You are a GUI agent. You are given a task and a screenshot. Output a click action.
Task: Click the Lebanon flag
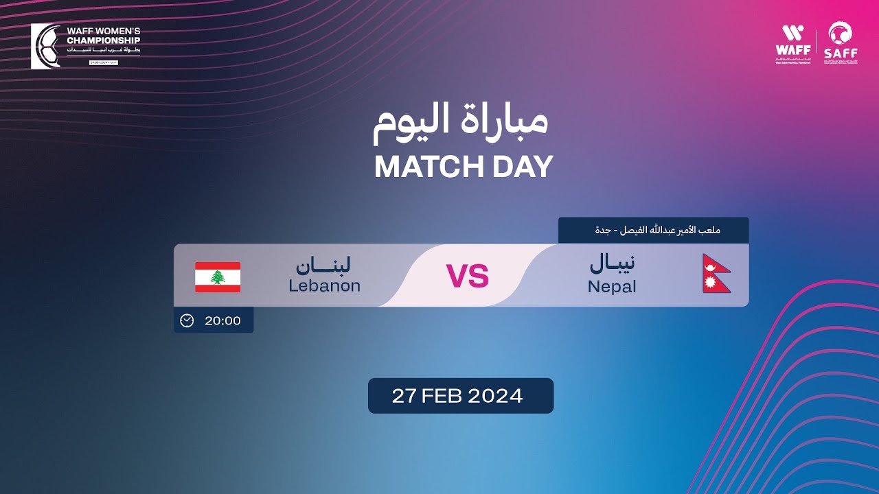click(x=218, y=277)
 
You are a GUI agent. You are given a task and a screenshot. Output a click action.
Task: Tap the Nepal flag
click(x=716, y=274)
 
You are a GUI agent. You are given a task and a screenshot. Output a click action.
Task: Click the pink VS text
click(x=468, y=276)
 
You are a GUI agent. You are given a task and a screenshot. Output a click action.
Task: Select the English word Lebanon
click(x=324, y=286)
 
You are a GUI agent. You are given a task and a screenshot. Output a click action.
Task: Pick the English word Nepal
click(x=612, y=287)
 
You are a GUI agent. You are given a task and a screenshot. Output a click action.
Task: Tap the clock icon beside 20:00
click(x=187, y=320)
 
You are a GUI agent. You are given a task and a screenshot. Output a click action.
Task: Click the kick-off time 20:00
click(x=222, y=320)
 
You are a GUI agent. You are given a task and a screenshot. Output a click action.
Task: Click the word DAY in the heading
click(x=525, y=167)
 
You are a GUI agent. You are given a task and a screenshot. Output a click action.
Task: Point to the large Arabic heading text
click(x=461, y=121)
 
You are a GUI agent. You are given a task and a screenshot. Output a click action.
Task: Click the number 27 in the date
click(x=405, y=396)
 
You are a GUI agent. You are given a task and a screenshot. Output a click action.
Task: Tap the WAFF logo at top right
click(x=792, y=43)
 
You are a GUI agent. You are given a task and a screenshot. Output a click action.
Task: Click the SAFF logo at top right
click(x=841, y=43)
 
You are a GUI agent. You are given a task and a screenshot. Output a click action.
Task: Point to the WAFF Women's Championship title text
click(x=103, y=36)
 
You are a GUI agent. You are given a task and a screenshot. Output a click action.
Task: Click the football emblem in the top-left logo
click(x=47, y=47)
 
